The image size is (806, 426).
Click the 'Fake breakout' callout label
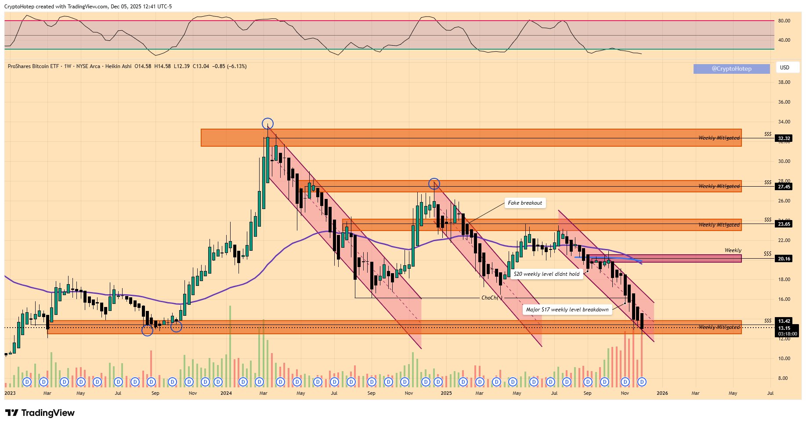[x=525, y=203]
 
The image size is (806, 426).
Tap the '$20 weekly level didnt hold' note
[x=546, y=274]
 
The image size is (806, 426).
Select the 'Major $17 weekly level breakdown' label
[x=567, y=310]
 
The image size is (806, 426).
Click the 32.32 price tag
[x=784, y=138]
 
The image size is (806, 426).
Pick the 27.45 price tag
[x=784, y=187]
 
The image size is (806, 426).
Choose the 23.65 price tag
[x=784, y=224]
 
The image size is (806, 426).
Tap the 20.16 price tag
[x=784, y=259]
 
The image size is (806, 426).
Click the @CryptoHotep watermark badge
[x=731, y=69]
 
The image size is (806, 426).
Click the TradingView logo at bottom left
[x=40, y=413]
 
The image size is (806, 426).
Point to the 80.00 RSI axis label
[x=784, y=21]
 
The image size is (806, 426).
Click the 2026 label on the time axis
[x=662, y=393]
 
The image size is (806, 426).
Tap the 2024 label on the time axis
[x=226, y=393]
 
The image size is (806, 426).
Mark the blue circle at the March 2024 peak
[x=267, y=124]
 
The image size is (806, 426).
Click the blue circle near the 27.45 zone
[x=434, y=184]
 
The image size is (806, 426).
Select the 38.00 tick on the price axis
[x=784, y=82]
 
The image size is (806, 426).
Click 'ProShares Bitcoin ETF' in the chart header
[x=33, y=66]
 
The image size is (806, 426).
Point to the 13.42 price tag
[x=784, y=321]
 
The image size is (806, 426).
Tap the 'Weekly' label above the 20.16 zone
[x=733, y=250]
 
